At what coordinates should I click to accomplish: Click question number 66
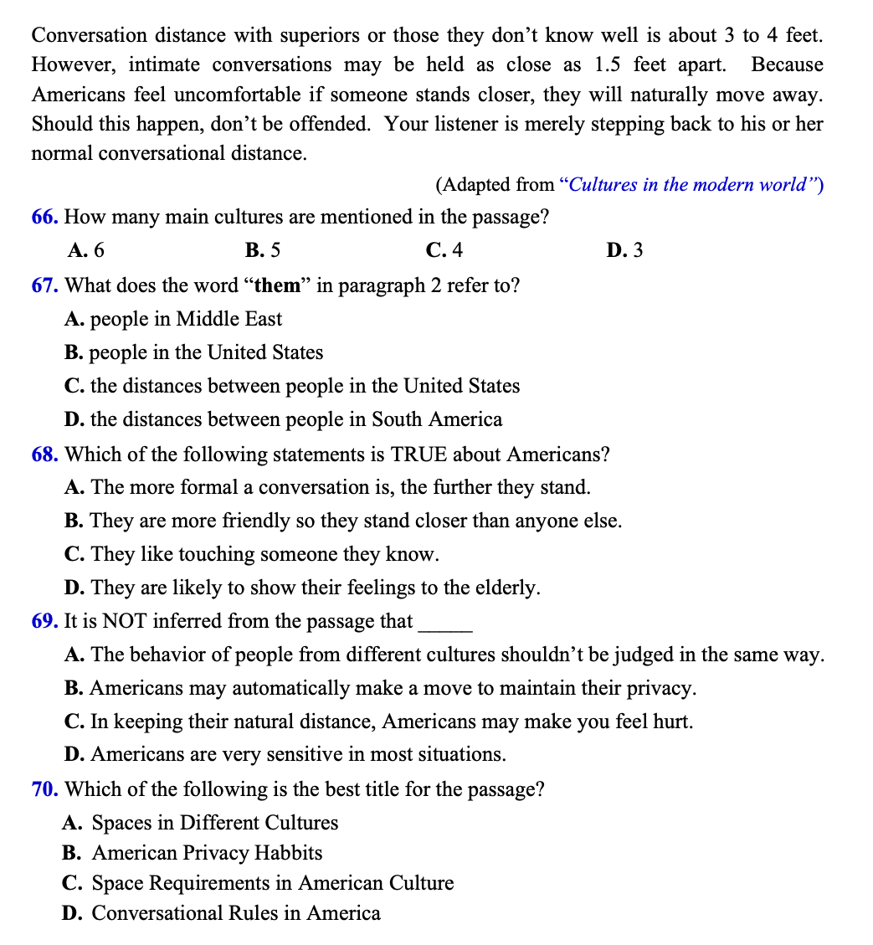coord(44,218)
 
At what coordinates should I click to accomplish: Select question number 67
coord(44,285)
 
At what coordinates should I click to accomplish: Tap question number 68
coord(44,455)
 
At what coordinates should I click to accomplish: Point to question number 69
coord(44,621)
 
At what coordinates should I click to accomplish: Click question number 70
coord(44,789)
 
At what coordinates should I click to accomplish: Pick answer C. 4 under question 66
coord(444,250)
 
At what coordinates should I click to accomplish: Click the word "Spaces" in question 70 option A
coord(120,823)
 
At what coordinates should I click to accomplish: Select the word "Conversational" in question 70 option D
coord(157,913)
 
